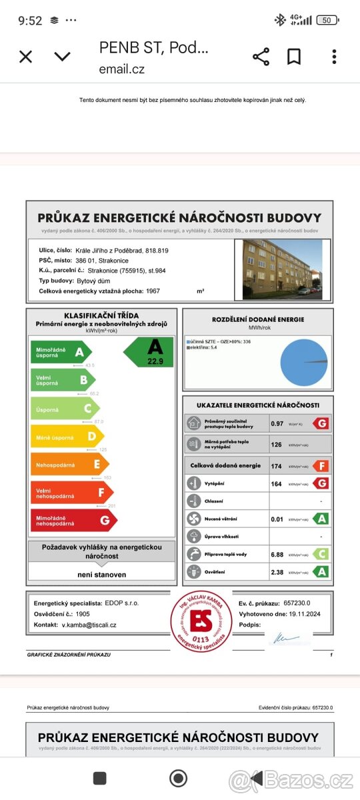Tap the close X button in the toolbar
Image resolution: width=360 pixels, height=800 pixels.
25,57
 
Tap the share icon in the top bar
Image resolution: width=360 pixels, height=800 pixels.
261,57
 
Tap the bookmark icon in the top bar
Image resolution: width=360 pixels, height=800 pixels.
294,57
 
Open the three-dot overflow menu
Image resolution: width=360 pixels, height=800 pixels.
334,57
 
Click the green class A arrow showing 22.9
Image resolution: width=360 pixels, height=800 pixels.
151,352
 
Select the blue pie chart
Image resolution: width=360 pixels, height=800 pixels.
303,362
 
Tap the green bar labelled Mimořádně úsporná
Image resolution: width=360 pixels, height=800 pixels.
60,352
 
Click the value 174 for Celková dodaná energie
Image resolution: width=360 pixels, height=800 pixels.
276,465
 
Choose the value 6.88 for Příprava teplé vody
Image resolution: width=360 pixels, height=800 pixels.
277,554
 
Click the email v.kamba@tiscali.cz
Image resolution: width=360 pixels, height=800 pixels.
89,625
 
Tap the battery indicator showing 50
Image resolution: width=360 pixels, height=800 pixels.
327,20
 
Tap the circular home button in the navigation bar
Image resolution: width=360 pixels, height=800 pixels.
179,778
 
